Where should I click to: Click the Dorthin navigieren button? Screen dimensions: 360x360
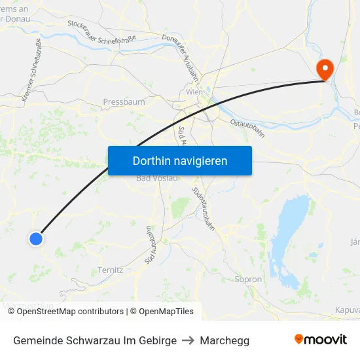[x=179, y=160]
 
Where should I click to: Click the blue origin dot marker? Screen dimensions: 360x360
[x=36, y=239]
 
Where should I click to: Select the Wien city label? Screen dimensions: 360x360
[x=195, y=92]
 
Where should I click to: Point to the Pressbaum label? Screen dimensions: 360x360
[x=124, y=102]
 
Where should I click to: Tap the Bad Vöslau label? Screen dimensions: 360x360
[x=153, y=179]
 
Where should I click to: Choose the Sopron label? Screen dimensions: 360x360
[x=248, y=279]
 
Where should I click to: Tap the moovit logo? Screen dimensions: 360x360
[x=320, y=340]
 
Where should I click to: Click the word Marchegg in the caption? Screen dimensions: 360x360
[x=225, y=340]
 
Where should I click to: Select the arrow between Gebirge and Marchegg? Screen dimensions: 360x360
[x=189, y=340]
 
